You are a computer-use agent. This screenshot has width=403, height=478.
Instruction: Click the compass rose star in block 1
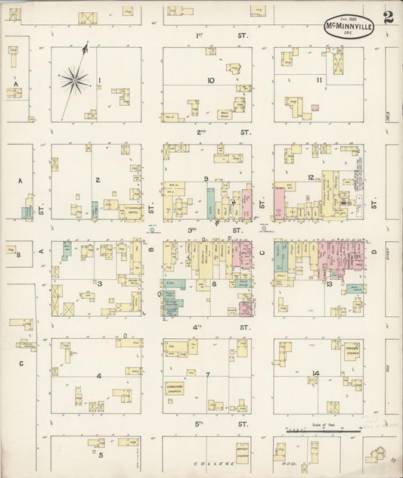click(74, 78)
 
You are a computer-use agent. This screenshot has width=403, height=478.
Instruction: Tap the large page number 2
click(387, 18)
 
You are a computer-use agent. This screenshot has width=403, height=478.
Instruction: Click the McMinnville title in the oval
click(349, 24)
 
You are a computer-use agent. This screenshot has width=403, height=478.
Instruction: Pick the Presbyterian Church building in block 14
click(352, 352)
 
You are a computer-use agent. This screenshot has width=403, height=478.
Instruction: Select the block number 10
click(210, 80)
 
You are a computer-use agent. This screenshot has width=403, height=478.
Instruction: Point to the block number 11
click(319, 80)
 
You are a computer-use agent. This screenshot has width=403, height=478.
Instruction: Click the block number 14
click(315, 374)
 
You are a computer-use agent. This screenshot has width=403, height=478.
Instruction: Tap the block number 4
click(98, 376)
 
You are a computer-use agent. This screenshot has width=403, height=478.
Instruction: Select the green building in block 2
click(95, 210)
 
